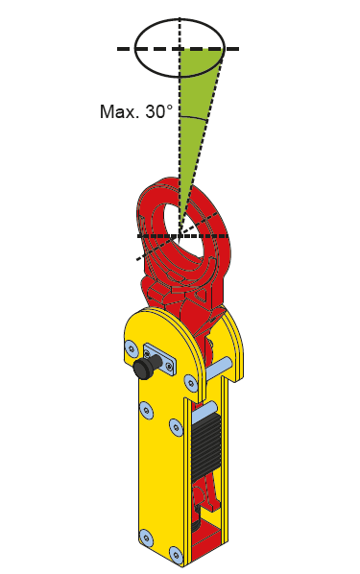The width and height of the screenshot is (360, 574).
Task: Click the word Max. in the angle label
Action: tap(119, 111)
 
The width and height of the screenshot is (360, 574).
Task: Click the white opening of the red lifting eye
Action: tap(185, 231)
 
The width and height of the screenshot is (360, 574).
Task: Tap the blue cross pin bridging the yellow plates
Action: tap(219, 369)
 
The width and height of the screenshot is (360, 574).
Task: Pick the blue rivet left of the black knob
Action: tap(132, 347)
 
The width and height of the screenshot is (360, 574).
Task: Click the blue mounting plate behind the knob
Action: tap(160, 359)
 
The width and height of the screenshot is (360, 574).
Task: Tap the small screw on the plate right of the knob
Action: tap(168, 366)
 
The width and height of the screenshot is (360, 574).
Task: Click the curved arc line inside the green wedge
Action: tap(194, 118)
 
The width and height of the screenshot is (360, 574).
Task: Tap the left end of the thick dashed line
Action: tap(117, 49)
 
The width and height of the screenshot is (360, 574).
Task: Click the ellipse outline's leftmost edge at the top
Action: tap(135, 48)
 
